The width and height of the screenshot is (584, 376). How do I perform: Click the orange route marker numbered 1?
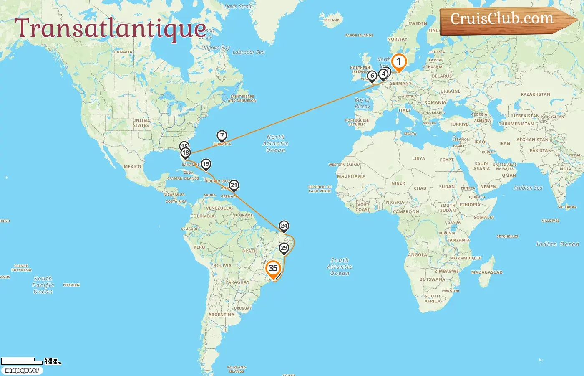(x=399, y=62)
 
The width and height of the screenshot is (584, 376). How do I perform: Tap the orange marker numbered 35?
(x=273, y=269)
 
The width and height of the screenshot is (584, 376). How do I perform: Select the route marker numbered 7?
(x=222, y=136)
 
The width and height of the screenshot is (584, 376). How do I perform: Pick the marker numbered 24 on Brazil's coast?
(x=284, y=226)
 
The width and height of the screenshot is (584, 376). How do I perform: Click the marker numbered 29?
(x=284, y=248)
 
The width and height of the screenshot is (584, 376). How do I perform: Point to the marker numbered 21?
(x=234, y=185)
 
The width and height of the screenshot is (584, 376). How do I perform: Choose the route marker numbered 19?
(x=206, y=164)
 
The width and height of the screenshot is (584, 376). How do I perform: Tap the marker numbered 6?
(x=372, y=76)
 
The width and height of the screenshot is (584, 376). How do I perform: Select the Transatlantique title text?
(x=111, y=28)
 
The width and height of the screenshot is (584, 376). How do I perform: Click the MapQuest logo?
(x=22, y=371)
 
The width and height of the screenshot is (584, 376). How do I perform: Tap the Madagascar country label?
(x=486, y=272)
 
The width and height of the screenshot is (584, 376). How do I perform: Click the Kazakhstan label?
(x=535, y=94)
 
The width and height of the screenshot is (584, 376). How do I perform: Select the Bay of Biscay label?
(x=362, y=103)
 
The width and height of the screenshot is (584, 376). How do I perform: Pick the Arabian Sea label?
(x=528, y=188)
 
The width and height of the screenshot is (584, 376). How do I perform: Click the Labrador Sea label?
(x=248, y=52)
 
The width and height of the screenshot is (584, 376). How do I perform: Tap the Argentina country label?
(x=222, y=315)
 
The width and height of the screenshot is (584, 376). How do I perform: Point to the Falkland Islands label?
(x=237, y=369)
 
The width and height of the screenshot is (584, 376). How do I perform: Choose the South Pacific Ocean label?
(x=43, y=285)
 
